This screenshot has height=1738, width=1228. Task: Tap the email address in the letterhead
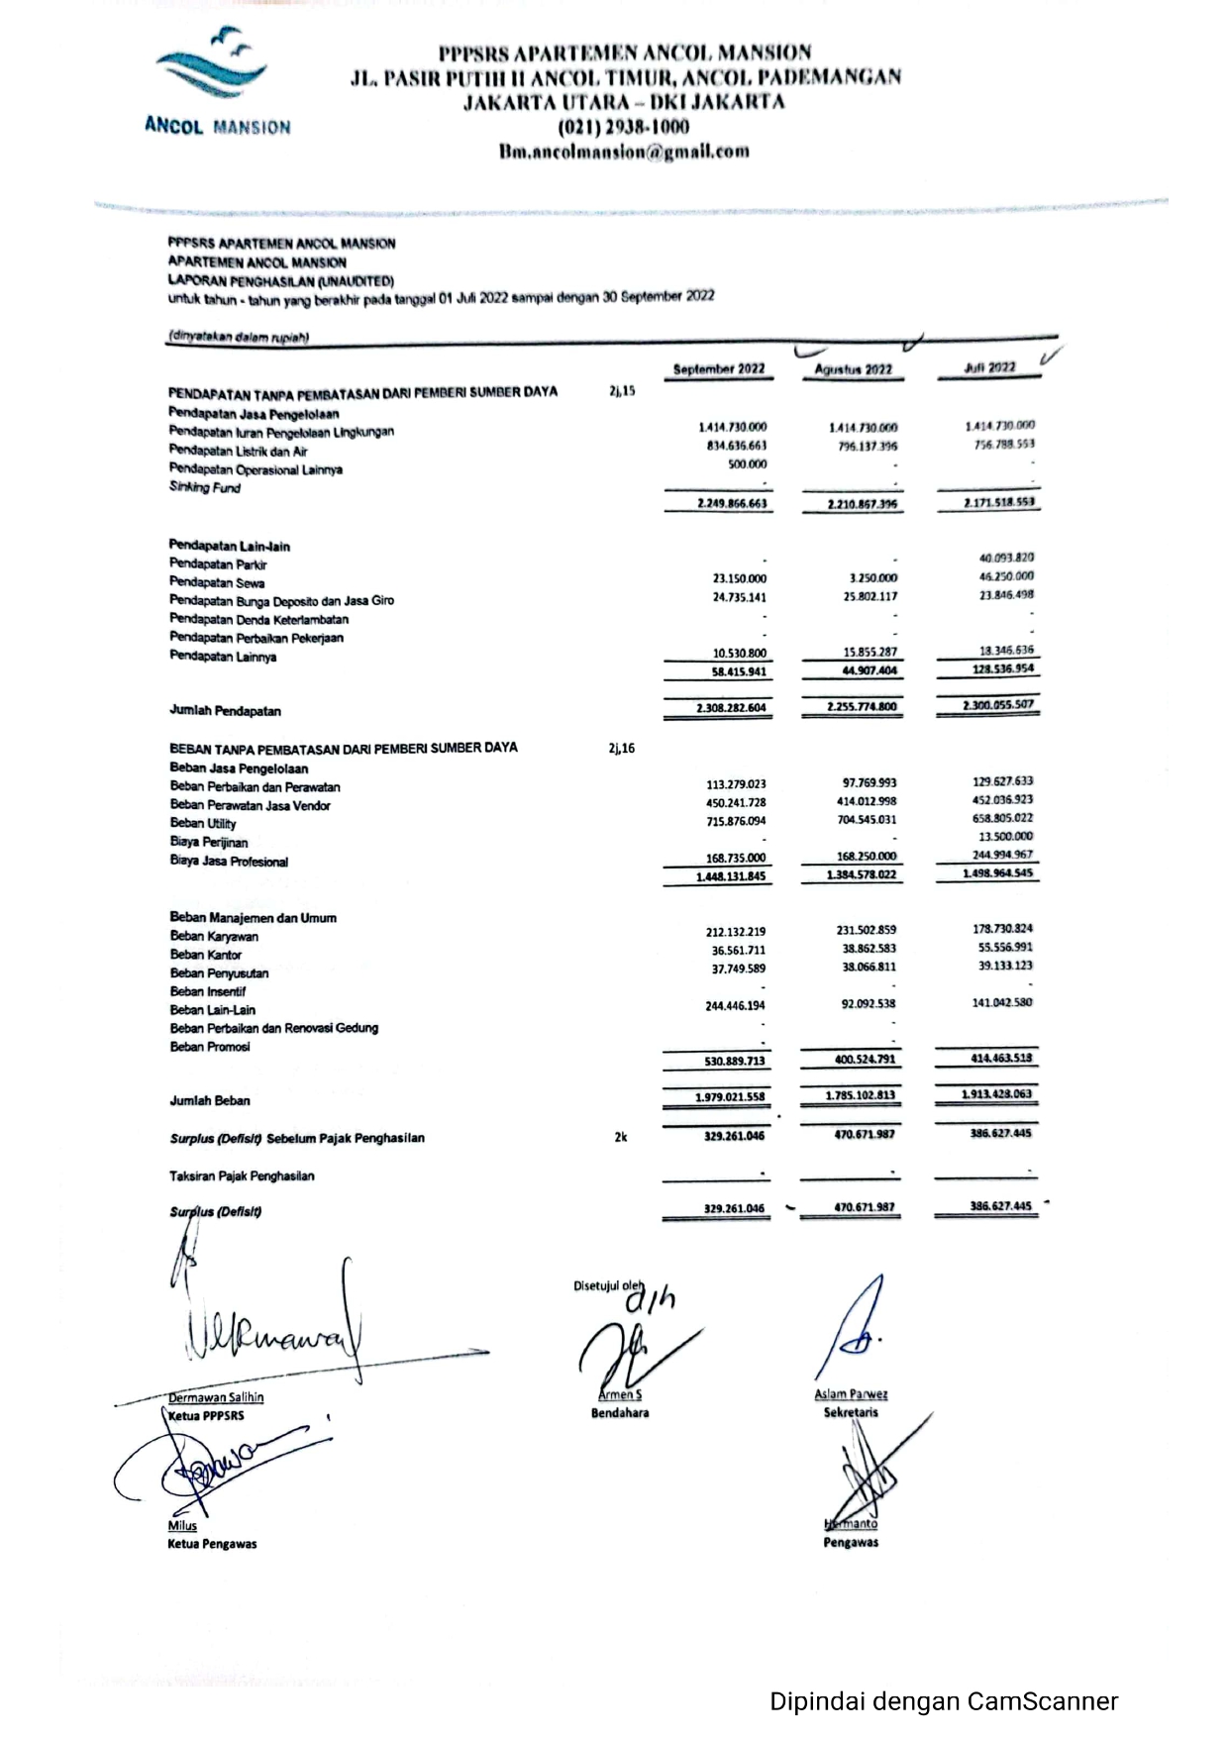pyautogui.click(x=624, y=152)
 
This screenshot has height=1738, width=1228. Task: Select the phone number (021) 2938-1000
pyautogui.click(x=624, y=127)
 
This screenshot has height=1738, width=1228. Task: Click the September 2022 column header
pyautogui.click(x=719, y=369)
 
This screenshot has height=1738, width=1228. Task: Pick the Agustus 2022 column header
pyautogui.click(x=853, y=369)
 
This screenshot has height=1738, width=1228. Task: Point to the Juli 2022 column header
pyautogui.click(x=988, y=367)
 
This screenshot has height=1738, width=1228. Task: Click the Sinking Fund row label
pyautogui.click(x=205, y=487)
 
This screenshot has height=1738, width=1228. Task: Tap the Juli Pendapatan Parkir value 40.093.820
pyautogui.click(x=1005, y=558)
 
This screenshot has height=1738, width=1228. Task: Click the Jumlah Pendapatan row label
pyautogui.click(x=225, y=711)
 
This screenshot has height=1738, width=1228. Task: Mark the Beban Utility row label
pyautogui.click(x=203, y=823)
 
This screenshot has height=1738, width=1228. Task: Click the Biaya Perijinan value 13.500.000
pyautogui.click(x=1005, y=836)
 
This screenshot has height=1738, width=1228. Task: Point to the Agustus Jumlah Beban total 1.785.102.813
pyautogui.click(x=860, y=1095)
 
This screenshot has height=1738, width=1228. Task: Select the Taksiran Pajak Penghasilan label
pyautogui.click(x=242, y=1176)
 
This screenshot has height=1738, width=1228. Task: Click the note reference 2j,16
pyautogui.click(x=621, y=748)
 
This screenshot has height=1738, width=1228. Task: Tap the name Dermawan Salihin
pyautogui.click(x=216, y=1397)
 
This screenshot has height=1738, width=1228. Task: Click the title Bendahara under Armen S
pyautogui.click(x=620, y=1413)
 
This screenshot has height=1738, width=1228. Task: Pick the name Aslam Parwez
pyautogui.click(x=851, y=1394)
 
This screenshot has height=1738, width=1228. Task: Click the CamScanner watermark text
pyautogui.click(x=944, y=1701)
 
